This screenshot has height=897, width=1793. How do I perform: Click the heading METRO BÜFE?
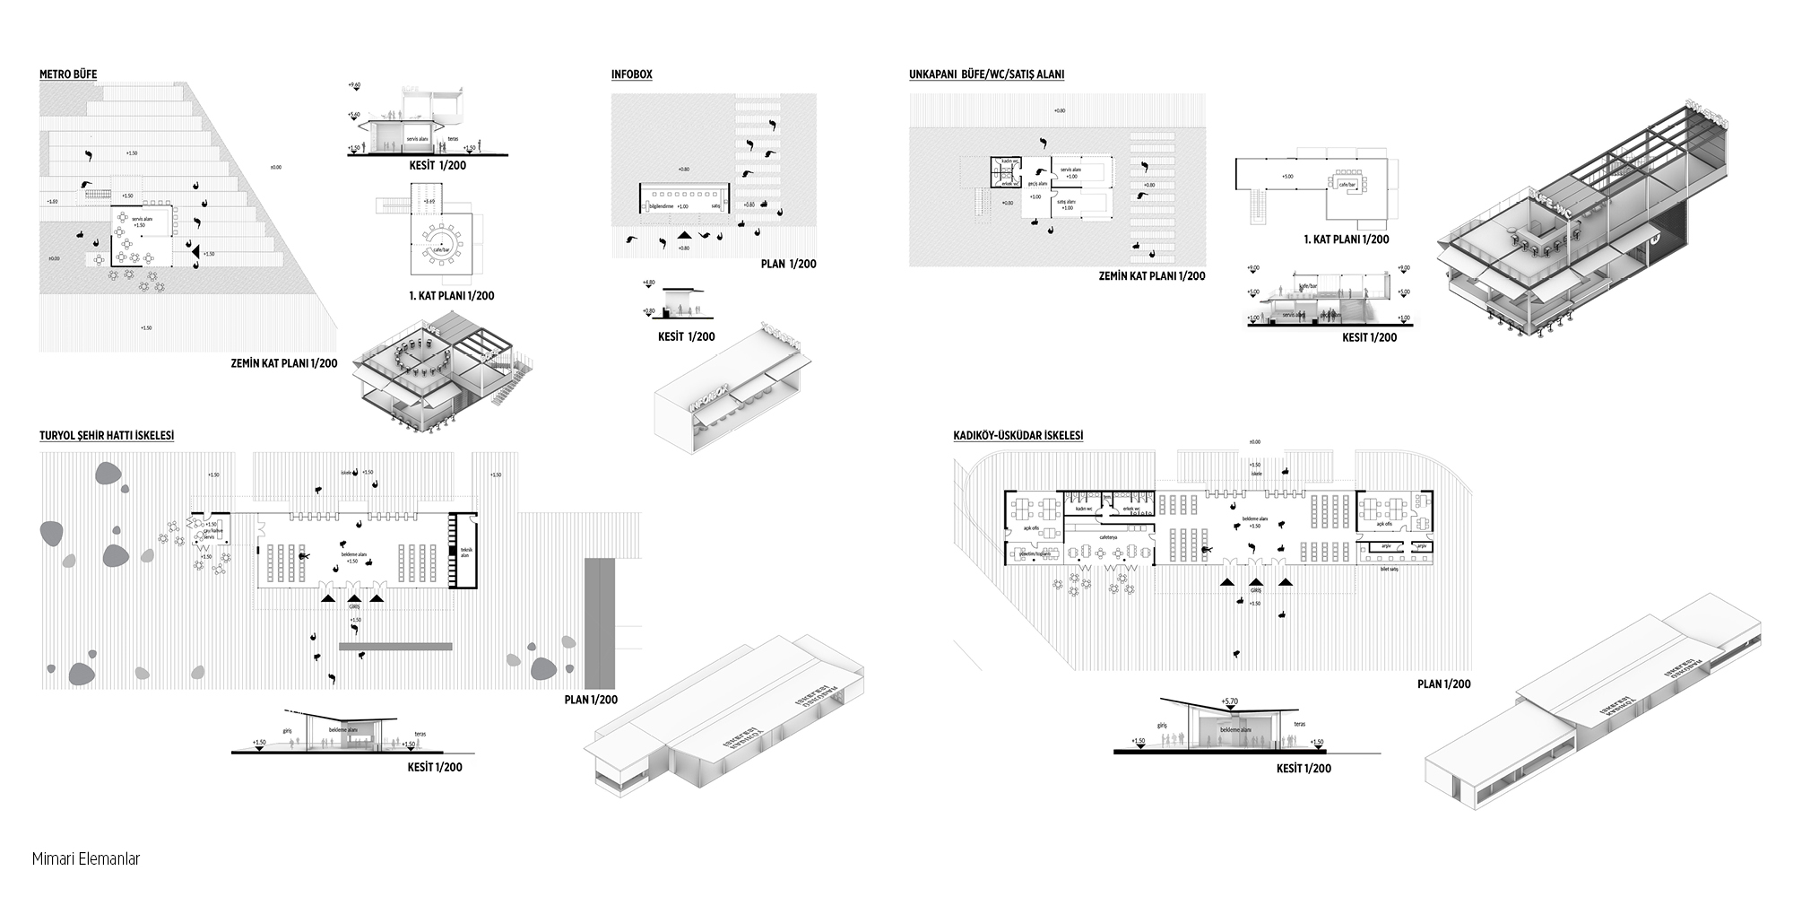point(68,74)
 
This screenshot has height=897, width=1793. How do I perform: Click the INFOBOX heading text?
point(631,74)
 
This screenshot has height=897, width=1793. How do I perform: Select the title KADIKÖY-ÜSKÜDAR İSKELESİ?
point(1018,436)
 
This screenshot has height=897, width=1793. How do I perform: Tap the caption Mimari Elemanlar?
point(86,858)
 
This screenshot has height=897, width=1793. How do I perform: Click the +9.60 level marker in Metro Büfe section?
point(354,85)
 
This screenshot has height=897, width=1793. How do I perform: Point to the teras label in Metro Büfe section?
point(453,139)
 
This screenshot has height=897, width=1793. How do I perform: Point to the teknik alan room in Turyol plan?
point(464,552)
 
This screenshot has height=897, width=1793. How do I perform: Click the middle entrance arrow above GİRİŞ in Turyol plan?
point(354,597)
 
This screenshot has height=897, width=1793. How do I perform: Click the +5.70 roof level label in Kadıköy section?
point(1228,701)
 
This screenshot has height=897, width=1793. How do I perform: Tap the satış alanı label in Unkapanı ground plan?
point(1067,204)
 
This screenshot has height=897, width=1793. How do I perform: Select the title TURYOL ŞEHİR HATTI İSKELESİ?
point(107,436)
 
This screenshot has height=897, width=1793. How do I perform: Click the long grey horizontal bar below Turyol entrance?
point(395,646)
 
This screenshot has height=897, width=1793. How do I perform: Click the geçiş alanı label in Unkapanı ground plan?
point(1036,183)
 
